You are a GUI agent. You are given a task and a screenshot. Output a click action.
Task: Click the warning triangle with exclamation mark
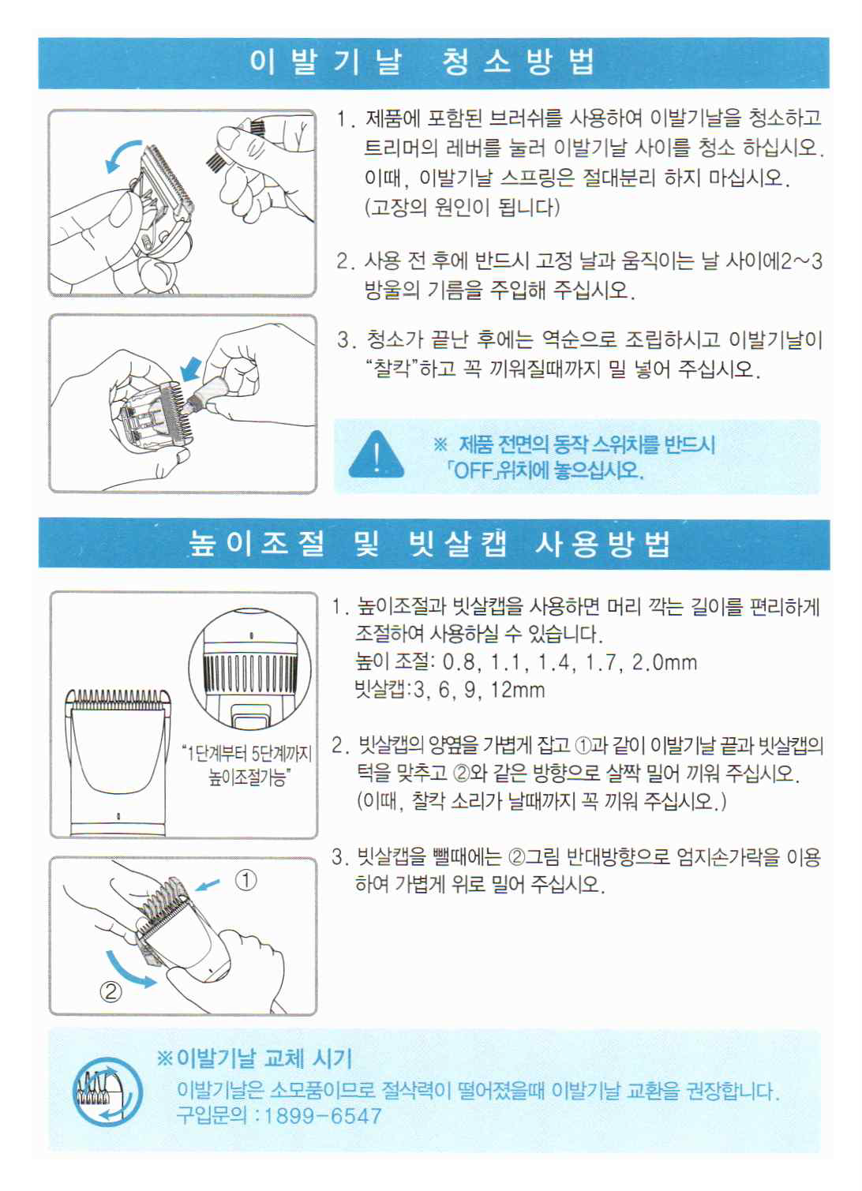376,455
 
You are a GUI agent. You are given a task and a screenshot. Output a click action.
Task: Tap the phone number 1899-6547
323,1115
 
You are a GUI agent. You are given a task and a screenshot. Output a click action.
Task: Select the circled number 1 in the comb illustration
245,880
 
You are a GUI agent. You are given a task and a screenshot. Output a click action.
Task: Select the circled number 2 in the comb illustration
111,991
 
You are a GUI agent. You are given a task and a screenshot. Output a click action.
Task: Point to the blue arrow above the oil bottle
192,369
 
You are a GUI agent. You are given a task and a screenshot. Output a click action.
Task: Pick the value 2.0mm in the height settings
664,662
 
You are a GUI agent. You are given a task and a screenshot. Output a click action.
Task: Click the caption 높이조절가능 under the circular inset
247,778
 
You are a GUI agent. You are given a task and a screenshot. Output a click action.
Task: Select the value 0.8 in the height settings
459,662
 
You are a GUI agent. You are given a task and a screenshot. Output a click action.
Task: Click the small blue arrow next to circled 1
208,884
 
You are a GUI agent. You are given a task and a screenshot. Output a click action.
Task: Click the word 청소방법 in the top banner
518,62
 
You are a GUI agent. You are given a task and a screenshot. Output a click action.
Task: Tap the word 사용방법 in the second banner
602,545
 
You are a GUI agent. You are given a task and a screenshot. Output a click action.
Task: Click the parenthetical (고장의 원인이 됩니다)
462,207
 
